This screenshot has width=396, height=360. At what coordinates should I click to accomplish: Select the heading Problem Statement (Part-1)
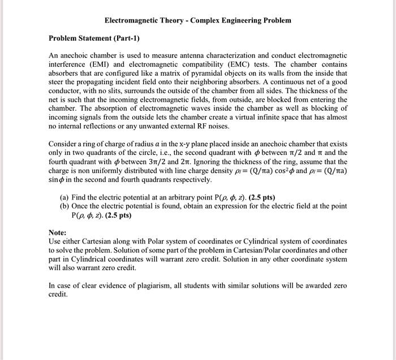(x=94, y=38)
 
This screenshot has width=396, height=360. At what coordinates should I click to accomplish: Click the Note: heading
(x=58, y=232)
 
